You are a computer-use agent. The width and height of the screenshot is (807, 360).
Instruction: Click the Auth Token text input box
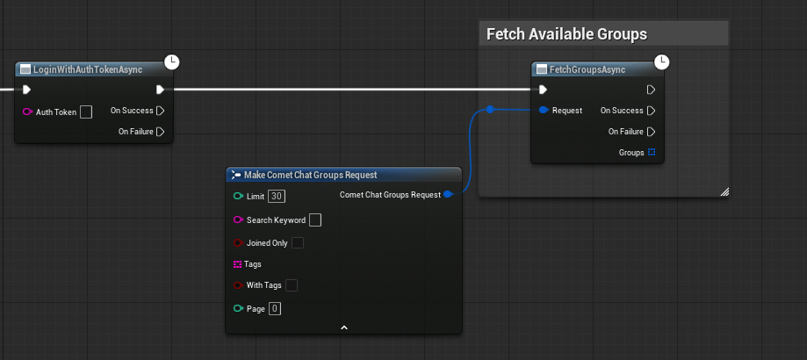[x=86, y=112]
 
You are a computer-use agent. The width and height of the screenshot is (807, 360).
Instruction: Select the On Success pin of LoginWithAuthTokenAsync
[x=161, y=111]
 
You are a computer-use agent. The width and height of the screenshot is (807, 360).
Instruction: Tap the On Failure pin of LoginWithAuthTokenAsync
[x=161, y=132]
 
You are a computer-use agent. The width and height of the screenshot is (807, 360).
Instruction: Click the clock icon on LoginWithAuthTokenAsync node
[x=172, y=62]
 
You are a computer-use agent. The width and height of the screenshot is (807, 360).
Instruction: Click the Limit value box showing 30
[x=277, y=196]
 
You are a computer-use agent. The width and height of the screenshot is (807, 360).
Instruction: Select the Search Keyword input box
[x=315, y=220]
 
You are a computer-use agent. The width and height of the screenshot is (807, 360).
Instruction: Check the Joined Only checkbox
[x=298, y=242]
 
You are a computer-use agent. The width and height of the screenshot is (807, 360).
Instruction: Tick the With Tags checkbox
[x=292, y=284]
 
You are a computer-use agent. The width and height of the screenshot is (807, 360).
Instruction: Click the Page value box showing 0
[x=275, y=308]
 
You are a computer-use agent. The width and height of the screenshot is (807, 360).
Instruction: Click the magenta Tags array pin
[x=237, y=264]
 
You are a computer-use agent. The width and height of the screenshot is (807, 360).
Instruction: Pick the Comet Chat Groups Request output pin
[x=448, y=194]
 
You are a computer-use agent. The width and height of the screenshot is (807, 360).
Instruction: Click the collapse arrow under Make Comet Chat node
[x=344, y=328]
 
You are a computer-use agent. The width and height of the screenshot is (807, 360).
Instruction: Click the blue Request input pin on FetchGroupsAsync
[x=544, y=110]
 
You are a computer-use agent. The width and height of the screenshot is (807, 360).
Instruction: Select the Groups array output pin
[x=652, y=152]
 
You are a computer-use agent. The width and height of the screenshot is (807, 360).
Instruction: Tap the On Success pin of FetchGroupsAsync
[x=651, y=111]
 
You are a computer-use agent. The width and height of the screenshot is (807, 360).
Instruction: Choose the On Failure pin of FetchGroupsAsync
[x=651, y=132]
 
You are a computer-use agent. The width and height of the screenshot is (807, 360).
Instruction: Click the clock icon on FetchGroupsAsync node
[x=662, y=62]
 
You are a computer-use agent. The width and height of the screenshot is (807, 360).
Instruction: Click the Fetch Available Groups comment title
[x=566, y=34]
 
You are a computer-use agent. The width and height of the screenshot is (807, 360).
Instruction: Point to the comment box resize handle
[x=724, y=191]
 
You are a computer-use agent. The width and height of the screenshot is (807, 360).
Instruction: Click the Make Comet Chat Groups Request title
[x=310, y=175]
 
